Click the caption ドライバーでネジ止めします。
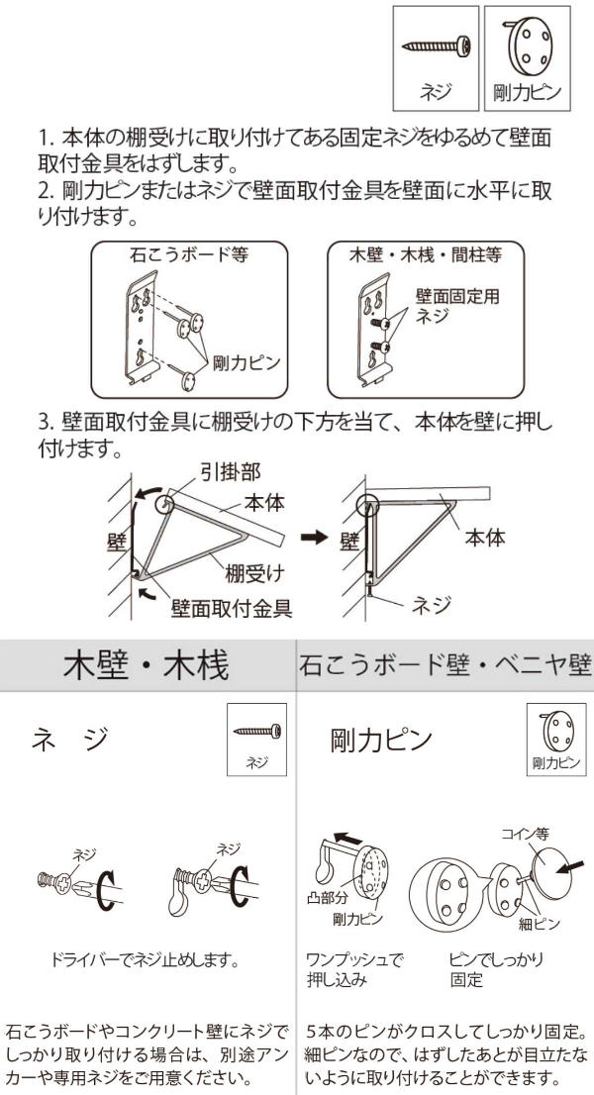coord(147,961)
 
